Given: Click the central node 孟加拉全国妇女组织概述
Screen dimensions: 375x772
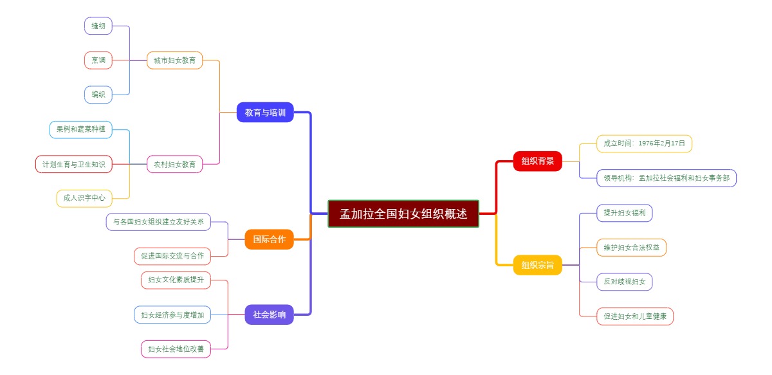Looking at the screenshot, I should coord(403,214).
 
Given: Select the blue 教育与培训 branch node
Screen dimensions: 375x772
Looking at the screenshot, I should coord(265,113).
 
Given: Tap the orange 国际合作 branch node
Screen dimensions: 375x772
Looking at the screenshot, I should coord(269,239).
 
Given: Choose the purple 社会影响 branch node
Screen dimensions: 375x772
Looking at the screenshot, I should coord(269,315).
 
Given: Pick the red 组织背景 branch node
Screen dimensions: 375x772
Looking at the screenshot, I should coord(537,161).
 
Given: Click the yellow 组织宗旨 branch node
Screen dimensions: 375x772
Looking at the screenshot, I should coord(537,264).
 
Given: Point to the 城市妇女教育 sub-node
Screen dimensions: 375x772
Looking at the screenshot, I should coord(174,60).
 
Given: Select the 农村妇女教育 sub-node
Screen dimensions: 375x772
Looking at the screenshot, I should coord(174,164).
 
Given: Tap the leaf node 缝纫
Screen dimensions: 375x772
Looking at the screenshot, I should coord(98,26).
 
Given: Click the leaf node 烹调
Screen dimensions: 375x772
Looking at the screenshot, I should coord(98,60).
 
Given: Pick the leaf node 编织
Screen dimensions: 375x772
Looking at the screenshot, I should coord(98,95).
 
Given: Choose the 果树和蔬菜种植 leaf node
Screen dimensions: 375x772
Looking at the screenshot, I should coord(80,129).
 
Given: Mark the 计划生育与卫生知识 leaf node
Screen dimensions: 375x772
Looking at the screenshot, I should coord(73,164).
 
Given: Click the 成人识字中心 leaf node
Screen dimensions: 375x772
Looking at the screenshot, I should coord(84,198).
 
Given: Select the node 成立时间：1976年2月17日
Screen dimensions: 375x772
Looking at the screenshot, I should coord(643,143).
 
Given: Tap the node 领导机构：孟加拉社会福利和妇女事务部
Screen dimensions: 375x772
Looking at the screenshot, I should coord(666,178).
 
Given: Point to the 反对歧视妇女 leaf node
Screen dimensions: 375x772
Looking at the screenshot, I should coord(624,282).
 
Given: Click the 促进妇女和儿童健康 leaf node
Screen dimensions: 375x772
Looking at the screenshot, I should coord(634,316).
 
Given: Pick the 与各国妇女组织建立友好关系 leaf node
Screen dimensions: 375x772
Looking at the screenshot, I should coord(167,222).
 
